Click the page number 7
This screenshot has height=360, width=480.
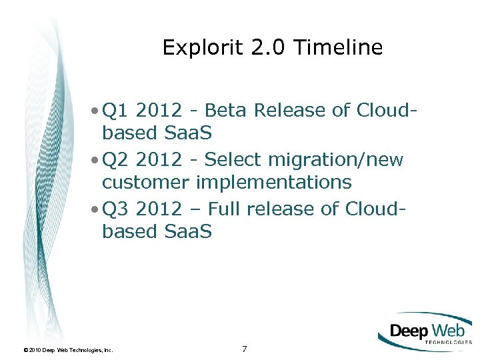244,349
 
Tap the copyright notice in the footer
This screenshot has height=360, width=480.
68,349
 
